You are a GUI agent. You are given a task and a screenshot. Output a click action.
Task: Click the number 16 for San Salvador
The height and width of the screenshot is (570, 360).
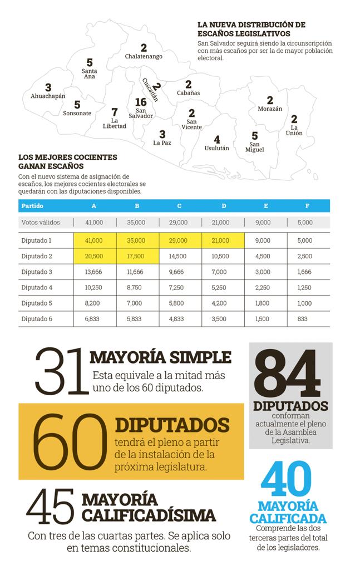(x=141, y=102)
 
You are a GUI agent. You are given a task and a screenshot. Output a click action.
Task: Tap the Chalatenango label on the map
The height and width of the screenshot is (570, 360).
(x=144, y=56)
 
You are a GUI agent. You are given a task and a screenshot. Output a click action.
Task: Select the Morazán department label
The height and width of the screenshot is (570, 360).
(x=270, y=109)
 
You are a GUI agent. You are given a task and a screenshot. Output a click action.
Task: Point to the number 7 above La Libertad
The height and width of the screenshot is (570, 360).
(x=115, y=112)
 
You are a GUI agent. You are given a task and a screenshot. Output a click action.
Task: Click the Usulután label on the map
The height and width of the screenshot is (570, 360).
(x=217, y=148)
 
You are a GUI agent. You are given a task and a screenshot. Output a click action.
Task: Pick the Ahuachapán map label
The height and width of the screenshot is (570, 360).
(x=48, y=96)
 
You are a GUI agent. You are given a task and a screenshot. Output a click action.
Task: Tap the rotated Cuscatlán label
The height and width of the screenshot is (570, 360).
(x=150, y=90)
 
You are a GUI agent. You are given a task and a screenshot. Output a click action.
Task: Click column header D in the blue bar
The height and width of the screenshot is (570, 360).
(x=224, y=206)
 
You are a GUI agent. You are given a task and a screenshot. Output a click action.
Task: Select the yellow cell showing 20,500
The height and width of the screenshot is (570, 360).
(x=95, y=256)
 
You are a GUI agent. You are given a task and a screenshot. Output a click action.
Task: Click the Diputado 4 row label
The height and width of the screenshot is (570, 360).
(x=37, y=288)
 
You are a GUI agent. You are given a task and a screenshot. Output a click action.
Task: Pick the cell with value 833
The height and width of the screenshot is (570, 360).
(x=302, y=319)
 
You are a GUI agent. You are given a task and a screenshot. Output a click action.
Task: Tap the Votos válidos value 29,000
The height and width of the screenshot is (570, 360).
(x=179, y=223)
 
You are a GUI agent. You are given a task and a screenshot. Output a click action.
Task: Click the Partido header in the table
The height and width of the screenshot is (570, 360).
(x=32, y=206)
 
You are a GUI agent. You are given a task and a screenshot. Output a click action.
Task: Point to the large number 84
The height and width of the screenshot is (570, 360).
(x=287, y=374)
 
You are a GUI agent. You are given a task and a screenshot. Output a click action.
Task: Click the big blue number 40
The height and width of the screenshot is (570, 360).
(x=286, y=478)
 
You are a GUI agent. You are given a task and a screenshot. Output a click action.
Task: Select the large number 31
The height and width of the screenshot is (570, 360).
(x=61, y=371)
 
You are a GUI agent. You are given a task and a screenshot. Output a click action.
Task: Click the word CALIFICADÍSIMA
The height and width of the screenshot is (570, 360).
(x=149, y=515)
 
